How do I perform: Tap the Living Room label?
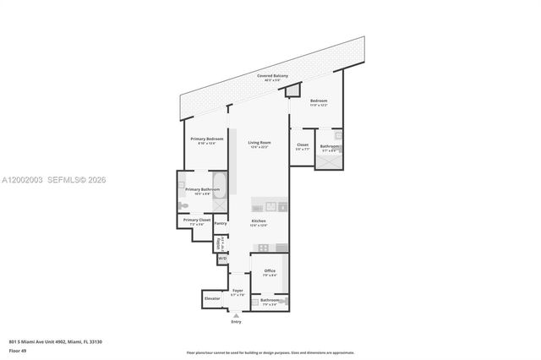(x=259, y=144)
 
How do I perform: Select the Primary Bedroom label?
(x=201, y=139)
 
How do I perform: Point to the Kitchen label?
(x=259, y=223)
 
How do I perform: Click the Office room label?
(x=270, y=272)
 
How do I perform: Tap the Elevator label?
(x=212, y=298)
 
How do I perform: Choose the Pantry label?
(x=221, y=223)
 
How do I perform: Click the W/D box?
(x=221, y=259)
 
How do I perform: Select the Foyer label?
(x=238, y=292)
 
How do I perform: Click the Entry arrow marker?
(x=236, y=316)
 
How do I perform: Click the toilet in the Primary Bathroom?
(x=183, y=205)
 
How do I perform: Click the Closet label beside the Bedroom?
(x=303, y=146)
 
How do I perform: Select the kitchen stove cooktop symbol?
(x=263, y=248)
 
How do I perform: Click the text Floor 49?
(x=18, y=348)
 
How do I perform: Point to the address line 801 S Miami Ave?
(x=55, y=341)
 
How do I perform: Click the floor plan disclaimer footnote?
(x=270, y=352)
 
